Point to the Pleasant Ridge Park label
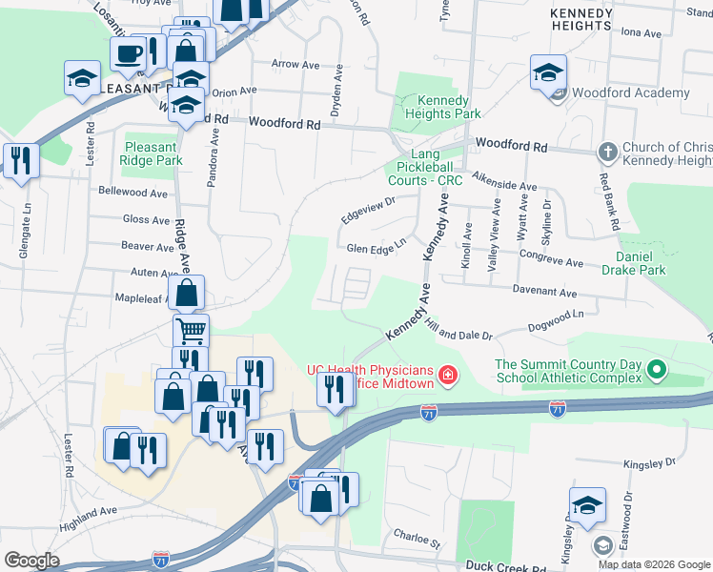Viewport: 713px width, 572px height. tap(152, 153)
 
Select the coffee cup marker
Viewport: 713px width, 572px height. tap(128, 53)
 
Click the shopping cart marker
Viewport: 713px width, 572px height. tap(191, 331)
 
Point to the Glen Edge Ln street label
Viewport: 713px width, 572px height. tap(377, 248)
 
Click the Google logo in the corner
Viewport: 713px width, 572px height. tap(31, 561)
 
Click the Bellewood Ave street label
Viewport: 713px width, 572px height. tap(132, 192)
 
